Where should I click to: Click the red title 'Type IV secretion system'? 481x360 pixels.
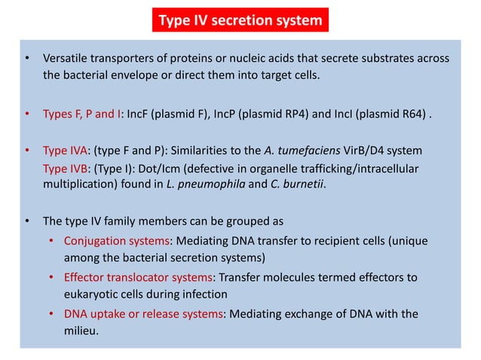240,21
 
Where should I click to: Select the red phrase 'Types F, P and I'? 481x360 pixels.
83,116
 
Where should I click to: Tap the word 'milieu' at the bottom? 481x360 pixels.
78,331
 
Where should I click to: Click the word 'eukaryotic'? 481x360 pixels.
84,294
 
